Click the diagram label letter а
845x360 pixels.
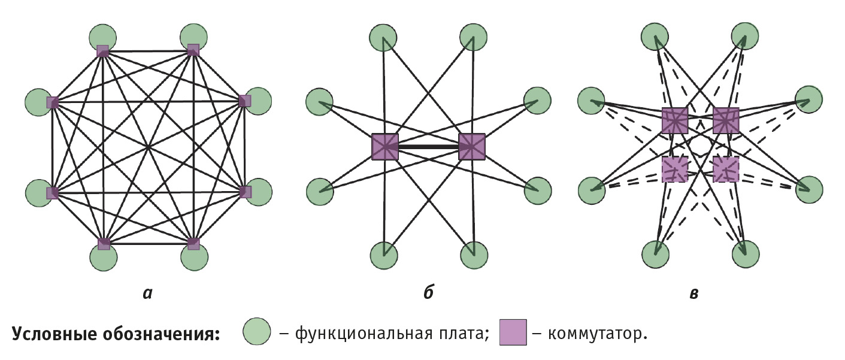click(x=147, y=293)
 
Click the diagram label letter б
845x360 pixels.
click(x=428, y=292)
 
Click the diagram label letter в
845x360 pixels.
click(x=693, y=293)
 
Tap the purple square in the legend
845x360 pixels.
click(x=513, y=332)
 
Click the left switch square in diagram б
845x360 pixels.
click(x=385, y=146)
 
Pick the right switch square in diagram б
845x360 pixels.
click(x=471, y=146)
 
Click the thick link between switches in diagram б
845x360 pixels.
click(x=428, y=146)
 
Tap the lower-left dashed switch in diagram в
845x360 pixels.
click(x=675, y=169)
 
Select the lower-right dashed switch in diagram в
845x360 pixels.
click(x=726, y=169)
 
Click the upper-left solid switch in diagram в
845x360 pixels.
click(x=675, y=120)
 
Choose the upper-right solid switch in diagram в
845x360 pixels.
click(x=726, y=120)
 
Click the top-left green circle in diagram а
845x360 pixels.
click(x=103, y=38)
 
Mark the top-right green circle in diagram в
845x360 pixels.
click(x=744, y=36)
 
